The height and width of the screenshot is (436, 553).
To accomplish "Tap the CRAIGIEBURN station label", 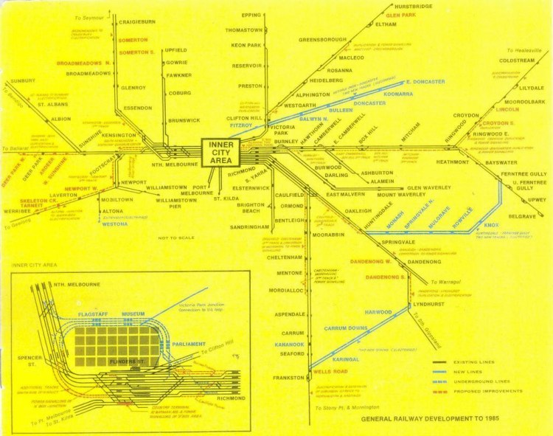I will click(136, 23).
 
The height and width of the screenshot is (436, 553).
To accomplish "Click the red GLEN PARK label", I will click(403, 15).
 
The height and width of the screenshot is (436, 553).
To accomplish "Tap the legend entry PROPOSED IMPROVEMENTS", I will click(487, 391).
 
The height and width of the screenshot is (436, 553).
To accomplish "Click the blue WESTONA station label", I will click(115, 224).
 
